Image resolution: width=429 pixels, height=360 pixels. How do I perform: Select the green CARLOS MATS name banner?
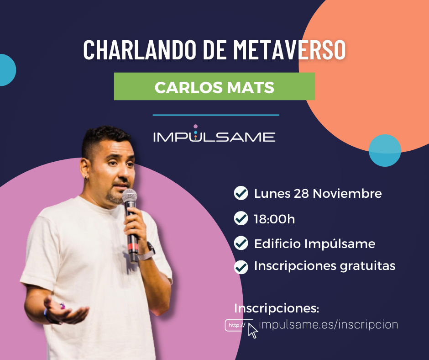(214, 86)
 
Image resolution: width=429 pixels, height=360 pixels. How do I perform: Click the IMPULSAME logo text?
(214, 136)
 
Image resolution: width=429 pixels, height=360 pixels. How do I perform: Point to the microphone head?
(130, 198)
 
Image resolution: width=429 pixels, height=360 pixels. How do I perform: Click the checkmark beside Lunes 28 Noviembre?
(241, 194)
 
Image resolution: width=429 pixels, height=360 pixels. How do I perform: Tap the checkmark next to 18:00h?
(241, 219)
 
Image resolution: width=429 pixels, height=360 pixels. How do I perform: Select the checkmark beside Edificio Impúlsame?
(241, 244)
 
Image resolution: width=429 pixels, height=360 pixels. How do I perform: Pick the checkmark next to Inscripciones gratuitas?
(241, 266)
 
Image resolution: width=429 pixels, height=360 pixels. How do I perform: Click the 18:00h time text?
(274, 219)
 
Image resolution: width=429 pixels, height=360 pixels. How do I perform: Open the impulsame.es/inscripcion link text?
(328, 324)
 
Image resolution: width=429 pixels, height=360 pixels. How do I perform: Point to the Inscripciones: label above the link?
(277, 308)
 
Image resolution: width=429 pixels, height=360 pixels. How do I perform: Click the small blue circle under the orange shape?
(385, 150)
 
